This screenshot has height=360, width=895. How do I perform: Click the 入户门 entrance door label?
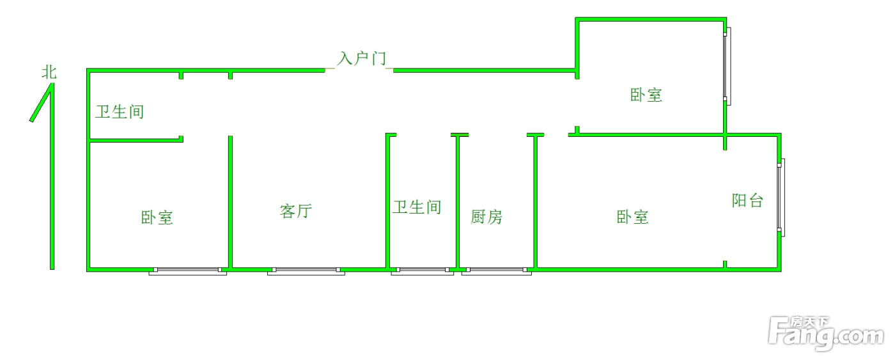click(362, 59)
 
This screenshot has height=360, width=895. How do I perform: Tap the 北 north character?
click(49, 72)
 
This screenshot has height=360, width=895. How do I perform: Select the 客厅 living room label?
click(296, 211)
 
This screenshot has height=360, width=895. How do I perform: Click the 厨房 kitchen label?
click(486, 217)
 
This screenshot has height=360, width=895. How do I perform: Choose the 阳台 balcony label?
click(747, 200)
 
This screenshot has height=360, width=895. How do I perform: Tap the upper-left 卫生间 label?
click(120, 112)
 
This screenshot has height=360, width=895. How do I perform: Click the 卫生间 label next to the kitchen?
click(417, 207)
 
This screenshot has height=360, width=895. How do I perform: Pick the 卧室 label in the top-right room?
click(646, 95)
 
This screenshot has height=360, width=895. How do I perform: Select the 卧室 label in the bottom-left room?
click(157, 217)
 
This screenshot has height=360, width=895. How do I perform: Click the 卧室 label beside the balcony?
click(633, 217)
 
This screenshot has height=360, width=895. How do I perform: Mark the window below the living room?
click(306, 271)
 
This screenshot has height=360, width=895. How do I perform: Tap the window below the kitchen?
click(497, 271)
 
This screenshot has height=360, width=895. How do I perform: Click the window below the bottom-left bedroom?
click(188, 271)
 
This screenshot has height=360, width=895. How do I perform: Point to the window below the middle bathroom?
click(422, 271)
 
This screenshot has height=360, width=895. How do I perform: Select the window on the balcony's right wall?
click(781, 197)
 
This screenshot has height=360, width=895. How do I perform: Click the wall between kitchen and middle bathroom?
click(458, 201)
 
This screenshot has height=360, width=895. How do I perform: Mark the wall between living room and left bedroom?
click(230, 201)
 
